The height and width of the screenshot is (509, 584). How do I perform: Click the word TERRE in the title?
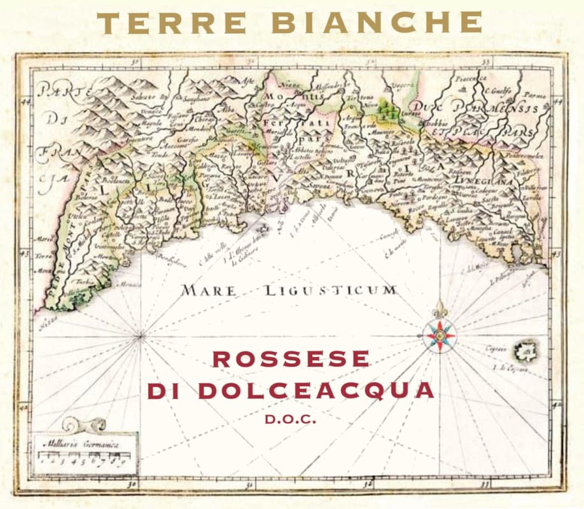(x=172, y=23)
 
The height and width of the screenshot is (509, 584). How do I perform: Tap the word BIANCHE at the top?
(x=376, y=23)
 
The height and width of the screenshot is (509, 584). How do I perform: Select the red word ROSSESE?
(x=291, y=359)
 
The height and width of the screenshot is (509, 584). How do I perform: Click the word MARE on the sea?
(x=208, y=291)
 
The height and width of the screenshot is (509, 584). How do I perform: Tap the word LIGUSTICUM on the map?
(x=329, y=291)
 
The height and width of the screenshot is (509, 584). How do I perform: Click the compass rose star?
(x=439, y=333)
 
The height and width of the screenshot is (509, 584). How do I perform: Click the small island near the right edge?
(x=525, y=349)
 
